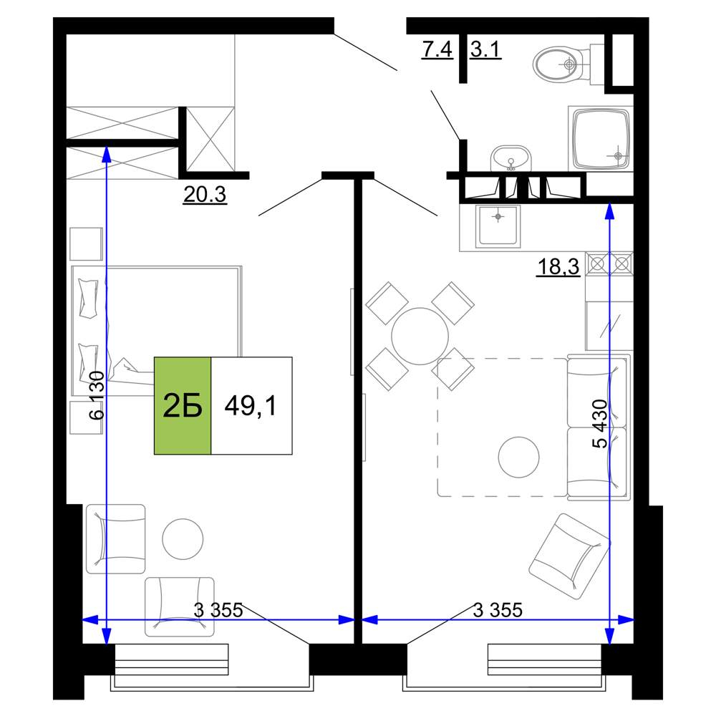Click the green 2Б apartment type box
tap(183, 405)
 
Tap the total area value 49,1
tap(251, 405)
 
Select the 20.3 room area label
tap(205, 195)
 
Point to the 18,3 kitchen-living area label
tap(558, 266)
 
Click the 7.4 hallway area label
tap(437, 49)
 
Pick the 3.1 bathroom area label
tap(486, 49)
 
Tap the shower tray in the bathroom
tap(601, 139)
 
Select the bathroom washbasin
tap(511, 159)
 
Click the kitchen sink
tap(498, 226)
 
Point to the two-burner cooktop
tap(609, 263)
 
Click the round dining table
tap(420, 336)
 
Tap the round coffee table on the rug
tap(518, 457)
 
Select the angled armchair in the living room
tap(569, 556)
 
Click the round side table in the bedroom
tap(183, 539)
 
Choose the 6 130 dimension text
tap(97, 395)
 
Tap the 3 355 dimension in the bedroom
tap(218, 610)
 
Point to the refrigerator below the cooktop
tap(609, 326)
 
